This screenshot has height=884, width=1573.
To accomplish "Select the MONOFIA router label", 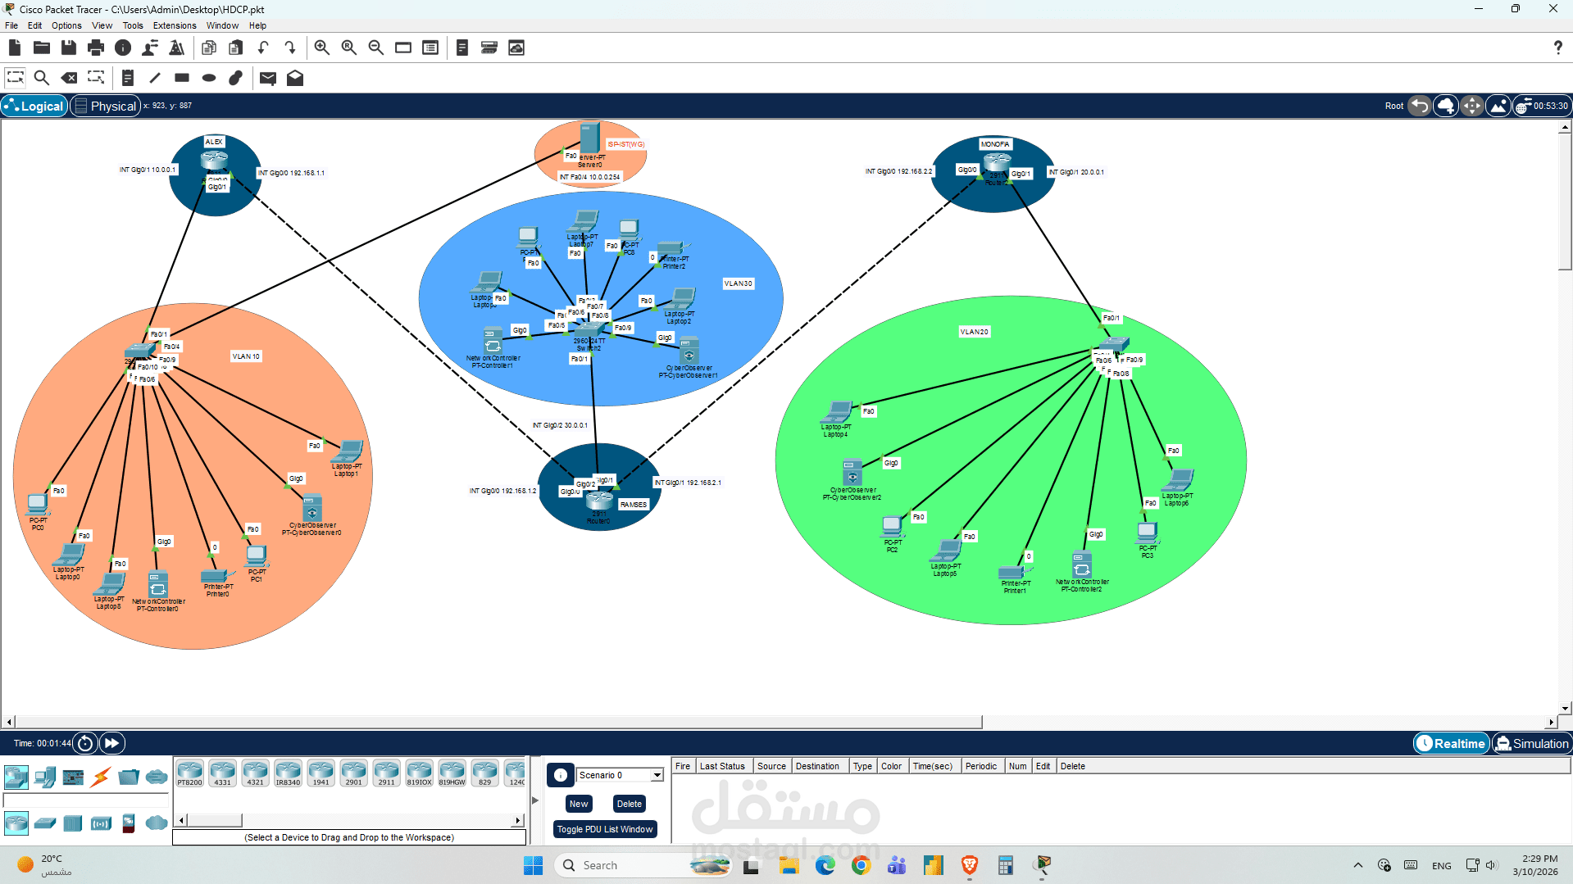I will point(995,144).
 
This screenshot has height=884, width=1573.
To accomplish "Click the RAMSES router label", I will point(634,505).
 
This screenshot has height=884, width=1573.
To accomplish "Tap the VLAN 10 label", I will point(246,356).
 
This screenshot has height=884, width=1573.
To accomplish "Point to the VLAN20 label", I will point(975,332).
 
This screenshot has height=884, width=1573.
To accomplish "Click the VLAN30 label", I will point(738,283).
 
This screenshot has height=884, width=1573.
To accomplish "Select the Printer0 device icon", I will point(216,576).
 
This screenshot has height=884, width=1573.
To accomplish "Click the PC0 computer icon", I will point(37,504).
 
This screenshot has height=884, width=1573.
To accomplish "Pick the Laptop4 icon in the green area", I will point(838,411).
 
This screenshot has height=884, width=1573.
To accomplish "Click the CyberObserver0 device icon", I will point(311,509).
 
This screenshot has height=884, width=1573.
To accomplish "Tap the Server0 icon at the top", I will point(589,138).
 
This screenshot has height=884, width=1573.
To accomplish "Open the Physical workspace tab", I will point(106,106).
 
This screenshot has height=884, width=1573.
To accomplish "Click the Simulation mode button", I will point(1531,743).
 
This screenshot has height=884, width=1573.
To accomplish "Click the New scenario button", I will point(578,804).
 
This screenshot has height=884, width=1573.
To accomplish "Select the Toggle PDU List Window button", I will point(605,829).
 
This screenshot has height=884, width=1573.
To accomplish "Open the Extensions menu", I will point(175,25).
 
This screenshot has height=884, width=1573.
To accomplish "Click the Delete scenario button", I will point(629,804).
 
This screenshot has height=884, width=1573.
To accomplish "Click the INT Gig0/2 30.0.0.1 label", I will point(560,425).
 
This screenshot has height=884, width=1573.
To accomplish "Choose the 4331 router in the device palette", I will point(222,772).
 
